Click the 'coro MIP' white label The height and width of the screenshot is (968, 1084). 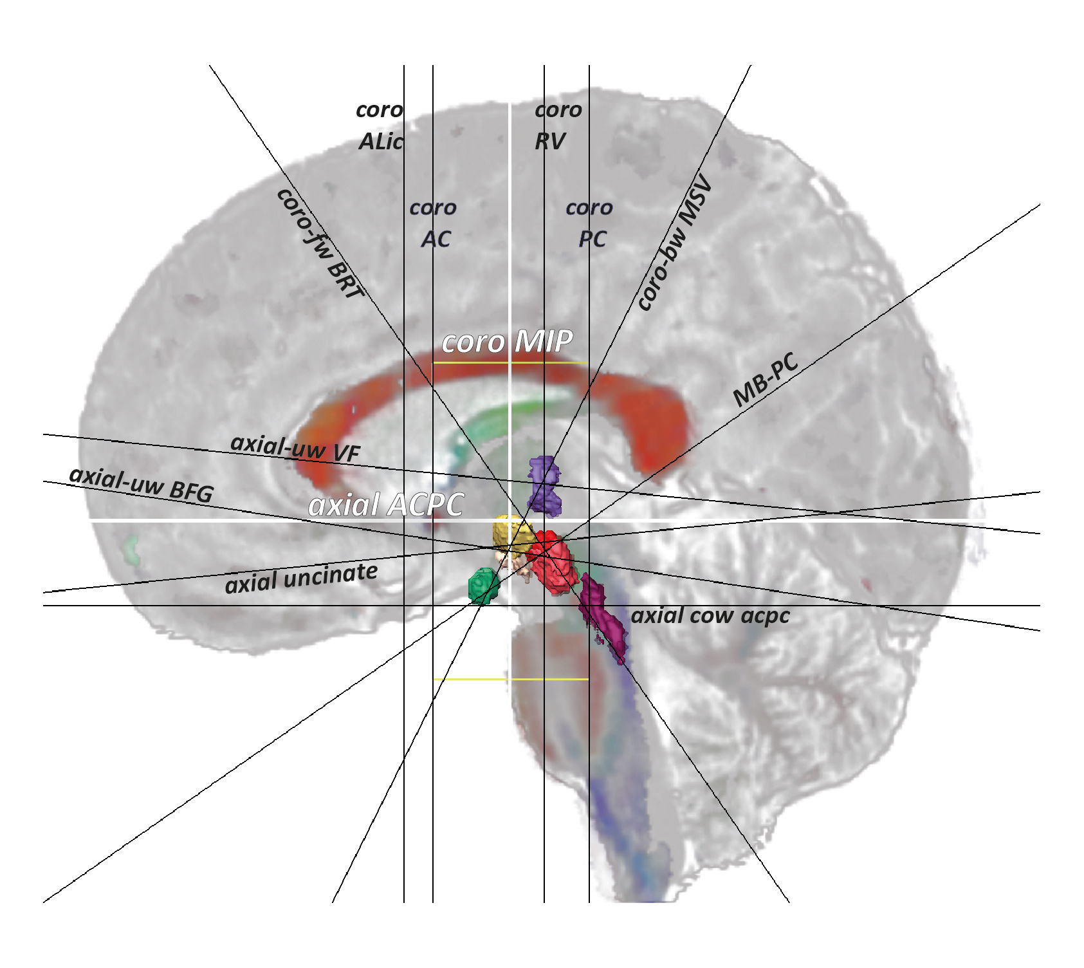[x=507, y=341]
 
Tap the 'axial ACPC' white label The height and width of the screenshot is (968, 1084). [x=386, y=505]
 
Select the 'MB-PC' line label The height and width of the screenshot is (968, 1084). [x=766, y=380]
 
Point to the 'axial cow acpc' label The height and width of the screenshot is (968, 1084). [x=710, y=615]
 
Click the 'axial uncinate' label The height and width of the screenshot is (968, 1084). [x=301, y=578]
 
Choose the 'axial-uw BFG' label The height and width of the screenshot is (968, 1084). [x=141, y=484]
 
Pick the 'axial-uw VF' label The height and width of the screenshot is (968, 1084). [x=295, y=447]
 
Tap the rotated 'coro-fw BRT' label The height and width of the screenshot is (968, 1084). [x=320, y=243]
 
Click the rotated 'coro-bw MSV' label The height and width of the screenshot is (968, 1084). [x=675, y=243]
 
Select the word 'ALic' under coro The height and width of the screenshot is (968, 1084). [x=381, y=141]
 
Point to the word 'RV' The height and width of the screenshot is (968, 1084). [x=550, y=141]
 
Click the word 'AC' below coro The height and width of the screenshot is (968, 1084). [x=436, y=239]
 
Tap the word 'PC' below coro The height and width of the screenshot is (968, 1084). [x=592, y=239]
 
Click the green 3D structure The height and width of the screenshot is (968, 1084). [x=484, y=585]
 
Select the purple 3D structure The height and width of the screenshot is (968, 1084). [x=544, y=485]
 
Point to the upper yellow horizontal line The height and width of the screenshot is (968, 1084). [x=511, y=363]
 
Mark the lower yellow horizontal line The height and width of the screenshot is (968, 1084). [x=511, y=679]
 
